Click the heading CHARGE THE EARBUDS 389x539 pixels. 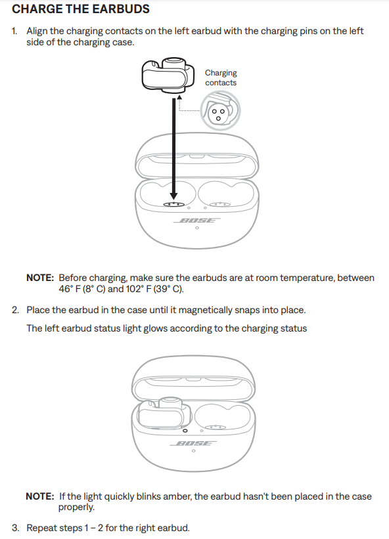pos(81,9)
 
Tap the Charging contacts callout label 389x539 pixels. pos(221,77)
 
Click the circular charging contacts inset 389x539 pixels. pos(221,111)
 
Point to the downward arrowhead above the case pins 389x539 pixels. pos(174,196)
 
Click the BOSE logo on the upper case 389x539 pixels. pos(196,221)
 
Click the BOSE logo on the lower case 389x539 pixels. pos(193,443)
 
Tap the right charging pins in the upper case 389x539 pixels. pos(220,205)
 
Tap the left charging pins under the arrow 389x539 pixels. pos(173,205)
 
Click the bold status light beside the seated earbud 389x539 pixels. pos(185,431)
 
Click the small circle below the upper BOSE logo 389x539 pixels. pos(196,228)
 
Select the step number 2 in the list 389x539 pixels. pos(15,310)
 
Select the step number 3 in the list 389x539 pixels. pos(15,528)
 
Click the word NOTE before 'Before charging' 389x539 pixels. pos(40,278)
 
